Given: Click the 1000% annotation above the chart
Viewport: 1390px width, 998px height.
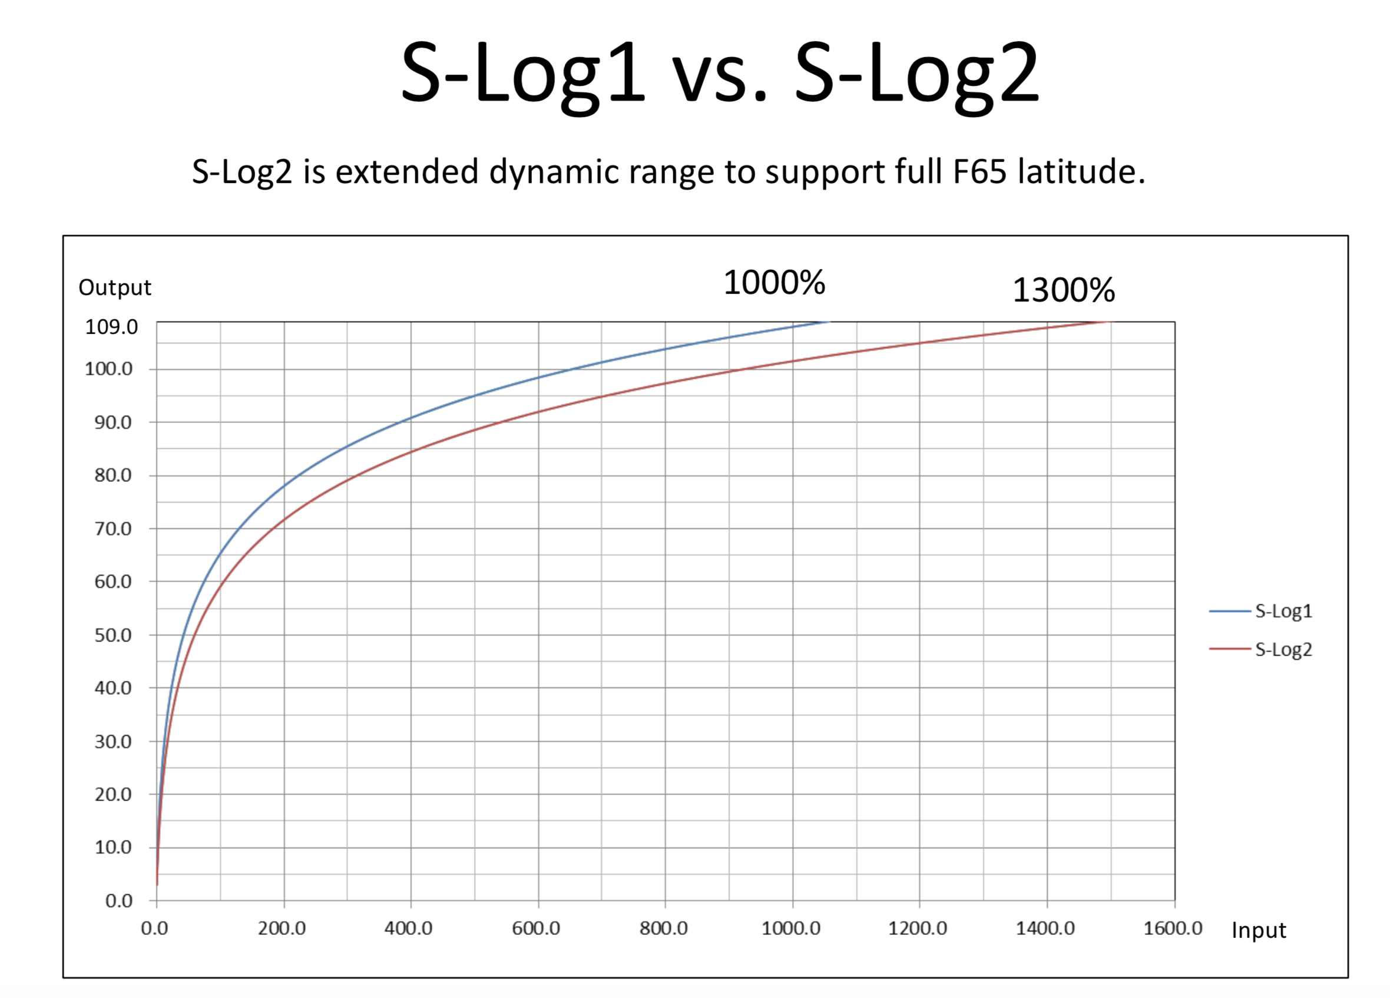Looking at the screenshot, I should click(x=774, y=283).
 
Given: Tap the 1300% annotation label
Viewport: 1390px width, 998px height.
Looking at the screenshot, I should click(x=1063, y=290).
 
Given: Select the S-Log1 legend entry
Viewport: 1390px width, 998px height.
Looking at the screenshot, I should click(x=1283, y=610).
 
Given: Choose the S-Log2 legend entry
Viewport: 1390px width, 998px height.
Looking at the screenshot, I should click(x=1283, y=649).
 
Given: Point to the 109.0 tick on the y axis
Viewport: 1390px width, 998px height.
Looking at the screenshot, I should click(x=111, y=327).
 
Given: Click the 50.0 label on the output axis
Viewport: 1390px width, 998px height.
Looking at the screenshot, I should click(x=112, y=635).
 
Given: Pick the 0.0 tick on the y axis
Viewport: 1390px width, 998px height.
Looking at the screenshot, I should click(x=119, y=901).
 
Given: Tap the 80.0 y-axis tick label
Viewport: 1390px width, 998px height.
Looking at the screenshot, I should click(x=112, y=475).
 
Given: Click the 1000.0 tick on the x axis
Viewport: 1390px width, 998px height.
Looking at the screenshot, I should click(x=790, y=928).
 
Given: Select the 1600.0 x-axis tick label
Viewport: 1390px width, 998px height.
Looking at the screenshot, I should click(x=1173, y=928).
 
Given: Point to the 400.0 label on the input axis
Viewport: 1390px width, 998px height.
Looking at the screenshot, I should click(x=408, y=928).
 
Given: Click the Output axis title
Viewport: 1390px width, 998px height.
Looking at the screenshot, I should click(x=115, y=287).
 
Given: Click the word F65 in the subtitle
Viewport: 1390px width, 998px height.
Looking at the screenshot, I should click(x=979, y=171).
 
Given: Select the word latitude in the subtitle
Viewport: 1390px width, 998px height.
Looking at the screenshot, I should click(x=1081, y=171).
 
